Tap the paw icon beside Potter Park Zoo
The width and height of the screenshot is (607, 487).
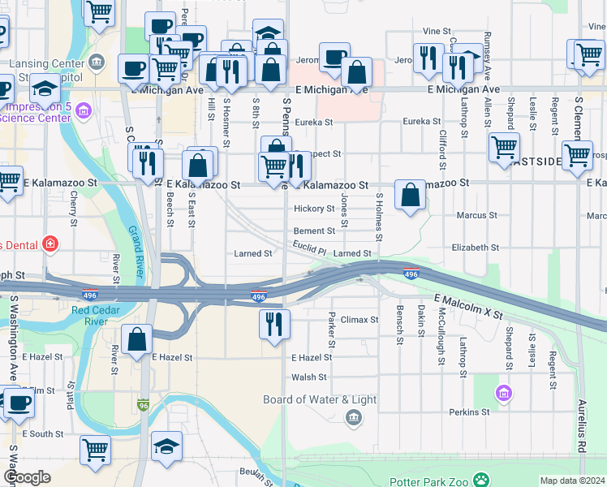point(482,479)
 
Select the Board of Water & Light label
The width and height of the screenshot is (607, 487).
point(320,399)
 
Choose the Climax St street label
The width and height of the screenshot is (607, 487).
point(359,320)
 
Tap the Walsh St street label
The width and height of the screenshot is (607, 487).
point(309,377)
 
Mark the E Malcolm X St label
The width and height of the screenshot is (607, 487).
point(469,307)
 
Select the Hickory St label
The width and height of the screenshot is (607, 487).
point(314,209)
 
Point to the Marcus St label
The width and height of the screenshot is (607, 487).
point(476,215)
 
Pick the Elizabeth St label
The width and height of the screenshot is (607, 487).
point(476,247)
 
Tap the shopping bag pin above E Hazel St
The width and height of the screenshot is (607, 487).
point(138,338)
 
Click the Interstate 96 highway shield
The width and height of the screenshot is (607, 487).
point(143,403)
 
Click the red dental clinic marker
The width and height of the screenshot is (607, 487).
point(50,243)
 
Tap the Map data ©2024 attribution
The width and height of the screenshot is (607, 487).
point(571,481)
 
